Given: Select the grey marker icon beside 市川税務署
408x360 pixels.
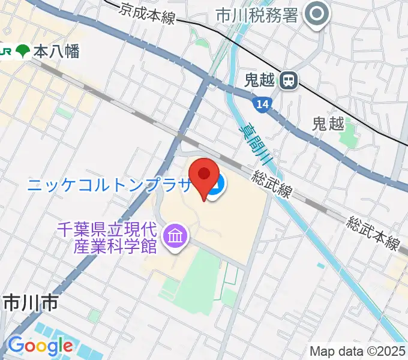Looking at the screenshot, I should [x=317, y=14].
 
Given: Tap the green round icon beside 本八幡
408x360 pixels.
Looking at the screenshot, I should [x=23, y=52].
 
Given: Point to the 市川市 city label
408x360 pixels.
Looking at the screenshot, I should [x=31, y=303].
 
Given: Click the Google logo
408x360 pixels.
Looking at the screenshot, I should [x=40, y=346].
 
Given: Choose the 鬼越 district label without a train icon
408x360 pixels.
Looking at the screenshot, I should [x=328, y=124].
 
